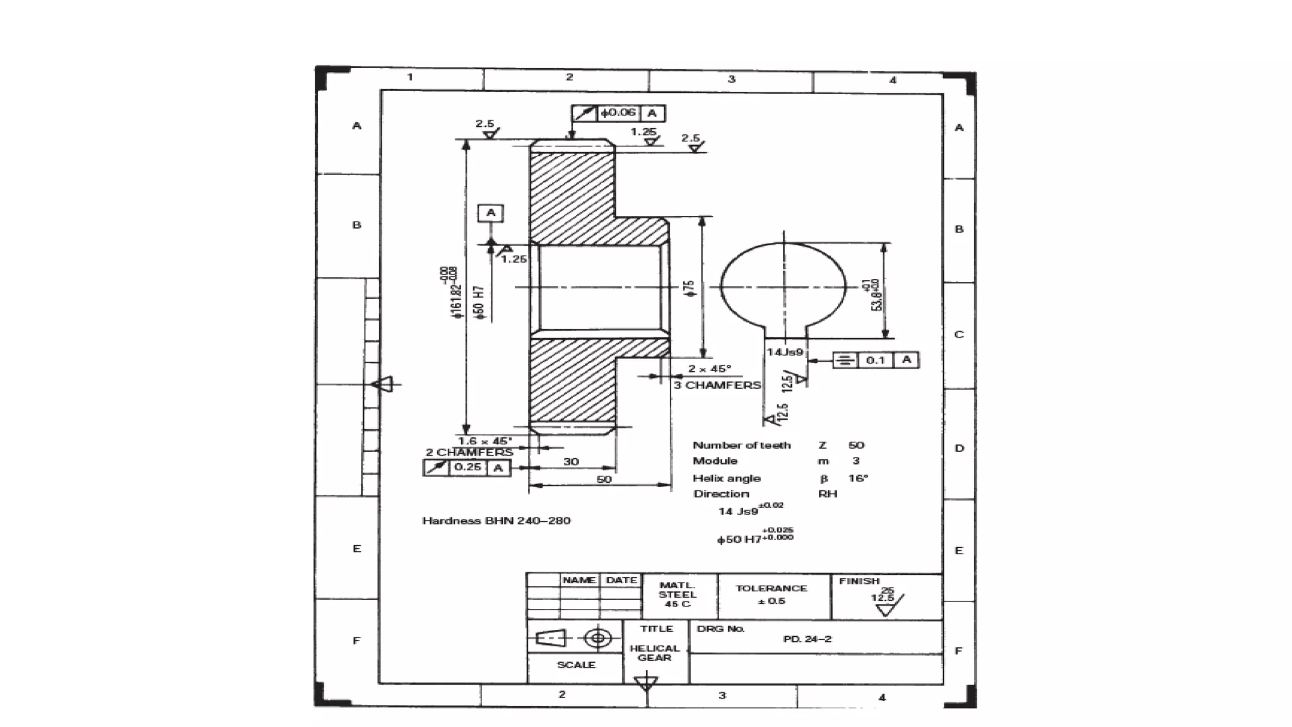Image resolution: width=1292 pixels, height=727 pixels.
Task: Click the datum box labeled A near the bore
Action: click(x=491, y=213)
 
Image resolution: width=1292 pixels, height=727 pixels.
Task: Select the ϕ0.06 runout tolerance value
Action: click(x=618, y=113)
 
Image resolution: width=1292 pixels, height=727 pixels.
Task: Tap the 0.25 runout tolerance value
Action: click(x=467, y=468)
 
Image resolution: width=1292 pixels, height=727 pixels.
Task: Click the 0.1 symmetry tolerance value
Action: click(x=876, y=360)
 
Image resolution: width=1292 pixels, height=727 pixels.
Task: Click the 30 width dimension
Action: click(x=571, y=462)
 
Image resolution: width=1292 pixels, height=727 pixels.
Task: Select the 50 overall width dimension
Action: click(x=604, y=480)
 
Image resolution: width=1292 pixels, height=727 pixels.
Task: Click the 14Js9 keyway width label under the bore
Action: click(x=785, y=352)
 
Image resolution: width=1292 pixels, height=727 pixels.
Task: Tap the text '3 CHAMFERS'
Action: click(x=717, y=385)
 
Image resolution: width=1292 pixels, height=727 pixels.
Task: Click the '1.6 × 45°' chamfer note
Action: click(x=484, y=441)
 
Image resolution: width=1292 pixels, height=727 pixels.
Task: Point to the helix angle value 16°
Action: click(x=858, y=478)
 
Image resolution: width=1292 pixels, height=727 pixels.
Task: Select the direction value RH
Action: click(x=828, y=494)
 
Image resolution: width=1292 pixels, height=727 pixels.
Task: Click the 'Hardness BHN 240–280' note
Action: click(x=496, y=521)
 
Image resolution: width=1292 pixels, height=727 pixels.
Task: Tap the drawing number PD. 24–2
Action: click(x=807, y=639)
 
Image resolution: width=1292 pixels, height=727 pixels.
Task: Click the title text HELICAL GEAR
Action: click(x=654, y=653)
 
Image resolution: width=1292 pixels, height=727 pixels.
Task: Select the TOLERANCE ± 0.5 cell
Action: click(x=771, y=594)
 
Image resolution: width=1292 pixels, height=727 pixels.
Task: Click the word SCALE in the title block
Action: click(x=576, y=665)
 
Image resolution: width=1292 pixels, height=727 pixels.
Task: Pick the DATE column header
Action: click(x=621, y=580)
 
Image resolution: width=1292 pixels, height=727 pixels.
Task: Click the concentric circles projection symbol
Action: click(x=598, y=638)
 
